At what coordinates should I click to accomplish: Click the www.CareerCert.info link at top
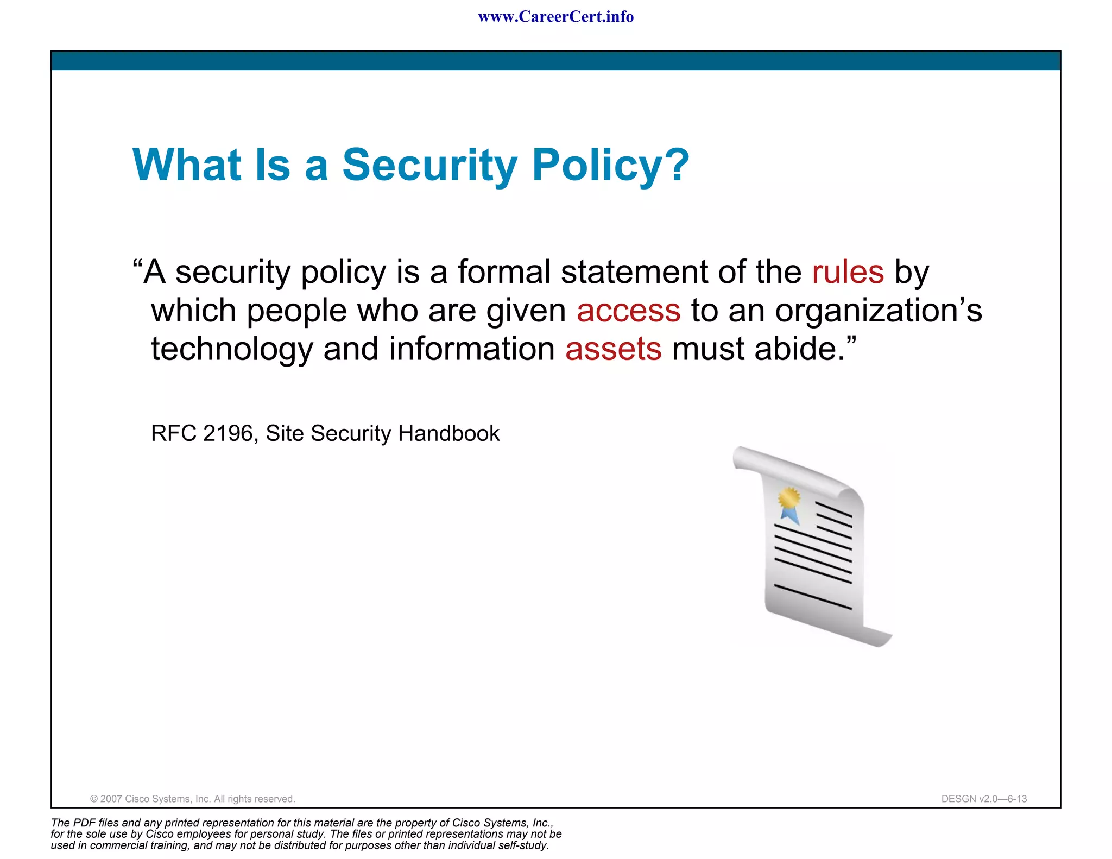click(x=555, y=17)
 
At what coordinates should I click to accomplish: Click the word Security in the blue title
click(x=429, y=166)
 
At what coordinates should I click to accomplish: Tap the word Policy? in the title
click(x=610, y=166)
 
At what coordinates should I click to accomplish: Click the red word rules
click(x=848, y=272)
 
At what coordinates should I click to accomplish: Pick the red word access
click(x=628, y=311)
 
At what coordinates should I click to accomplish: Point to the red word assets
click(x=613, y=349)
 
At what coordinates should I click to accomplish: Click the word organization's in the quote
click(x=878, y=311)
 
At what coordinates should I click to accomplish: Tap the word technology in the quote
click(x=232, y=349)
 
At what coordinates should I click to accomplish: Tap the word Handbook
click(x=448, y=433)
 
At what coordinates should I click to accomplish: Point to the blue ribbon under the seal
click(x=790, y=515)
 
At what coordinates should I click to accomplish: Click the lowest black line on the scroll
click(x=812, y=597)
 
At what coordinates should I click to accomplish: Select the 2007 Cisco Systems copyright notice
click(x=192, y=799)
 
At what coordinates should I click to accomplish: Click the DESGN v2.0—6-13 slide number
click(x=984, y=799)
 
